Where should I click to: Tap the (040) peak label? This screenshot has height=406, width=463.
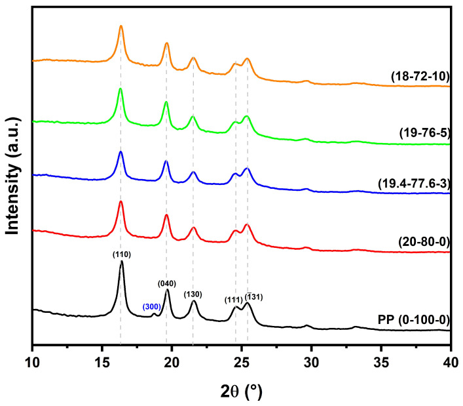tap(167, 283)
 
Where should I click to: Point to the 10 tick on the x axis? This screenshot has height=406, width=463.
tap(32, 359)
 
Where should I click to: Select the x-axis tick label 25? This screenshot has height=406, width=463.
tap(242, 359)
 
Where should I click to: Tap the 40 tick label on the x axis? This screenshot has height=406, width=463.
tap(450, 359)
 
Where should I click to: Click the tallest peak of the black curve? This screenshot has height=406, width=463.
tap(121, 262)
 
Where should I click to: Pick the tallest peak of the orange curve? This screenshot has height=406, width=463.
tap(121, 26)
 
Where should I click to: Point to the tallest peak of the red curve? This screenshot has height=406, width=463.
tap(121, 202)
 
